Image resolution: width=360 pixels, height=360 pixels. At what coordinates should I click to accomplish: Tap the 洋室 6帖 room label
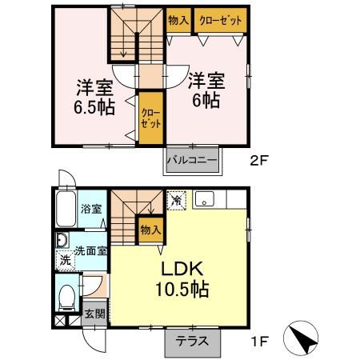[x=206, y=90]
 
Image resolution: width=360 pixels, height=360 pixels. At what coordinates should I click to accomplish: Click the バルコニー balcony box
[x=192, y=160]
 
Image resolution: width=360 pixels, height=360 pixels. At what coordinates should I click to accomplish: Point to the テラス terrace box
[x=193, y=340]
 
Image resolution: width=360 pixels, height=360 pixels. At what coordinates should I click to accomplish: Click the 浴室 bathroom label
[x=91, y=210]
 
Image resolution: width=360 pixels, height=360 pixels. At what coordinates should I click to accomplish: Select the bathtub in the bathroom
[x=66, y=210]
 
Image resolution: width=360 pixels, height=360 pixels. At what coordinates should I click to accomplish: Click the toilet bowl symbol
[x=67, y=297]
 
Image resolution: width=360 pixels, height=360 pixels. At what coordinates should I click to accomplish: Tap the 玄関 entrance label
[x=94, y=314]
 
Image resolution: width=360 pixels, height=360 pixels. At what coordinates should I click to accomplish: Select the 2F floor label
[x=258, y=160]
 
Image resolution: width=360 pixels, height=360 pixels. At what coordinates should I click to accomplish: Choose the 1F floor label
[x=258, y=340]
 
